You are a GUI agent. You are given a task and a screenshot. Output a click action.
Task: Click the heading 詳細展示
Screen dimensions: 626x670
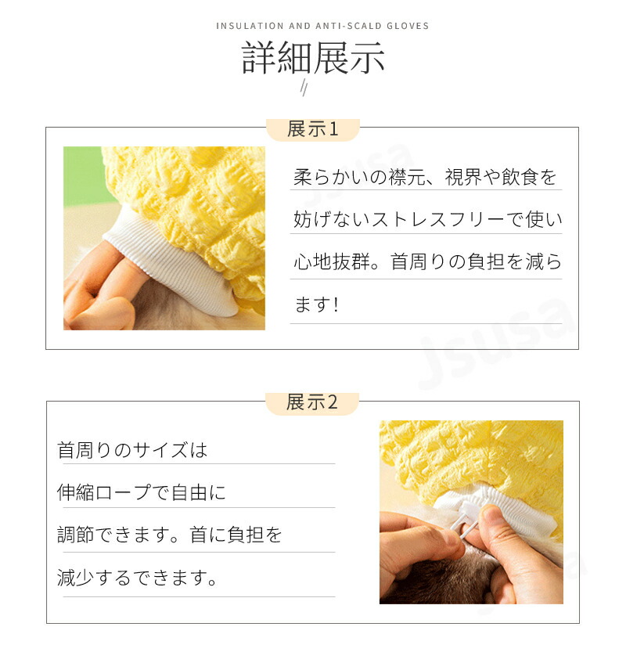313,58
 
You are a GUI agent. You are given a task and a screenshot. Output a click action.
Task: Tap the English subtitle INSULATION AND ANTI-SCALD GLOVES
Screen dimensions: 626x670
322,26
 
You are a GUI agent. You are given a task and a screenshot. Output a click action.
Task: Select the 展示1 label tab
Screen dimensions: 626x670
313,129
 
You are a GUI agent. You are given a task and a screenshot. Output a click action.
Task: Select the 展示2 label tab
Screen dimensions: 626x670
312,403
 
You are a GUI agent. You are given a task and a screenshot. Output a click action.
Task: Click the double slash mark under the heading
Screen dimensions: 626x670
304,88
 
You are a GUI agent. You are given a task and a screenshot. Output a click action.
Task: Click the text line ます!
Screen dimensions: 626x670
316,304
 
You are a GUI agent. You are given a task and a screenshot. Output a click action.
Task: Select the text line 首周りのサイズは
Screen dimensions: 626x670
132,450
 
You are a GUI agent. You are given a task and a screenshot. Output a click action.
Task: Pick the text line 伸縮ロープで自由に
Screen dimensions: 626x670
142,492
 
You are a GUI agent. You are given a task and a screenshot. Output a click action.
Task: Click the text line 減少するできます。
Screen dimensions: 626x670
138,578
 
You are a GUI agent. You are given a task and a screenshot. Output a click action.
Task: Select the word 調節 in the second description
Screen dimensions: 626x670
76,535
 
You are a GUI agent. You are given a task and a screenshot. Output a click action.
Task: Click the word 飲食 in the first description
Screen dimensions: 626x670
520,177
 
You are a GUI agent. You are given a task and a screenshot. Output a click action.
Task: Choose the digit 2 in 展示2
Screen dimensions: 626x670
333,403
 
